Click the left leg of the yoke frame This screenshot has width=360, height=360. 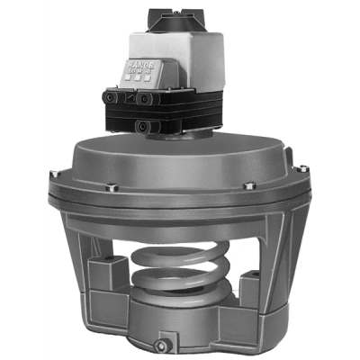[x=85, y=270]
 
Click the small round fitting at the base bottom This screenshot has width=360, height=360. [x=163, y=345]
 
